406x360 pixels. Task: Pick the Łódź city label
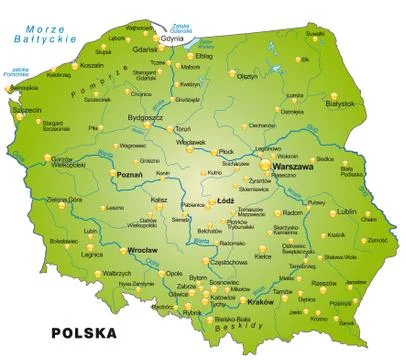coord(225,202)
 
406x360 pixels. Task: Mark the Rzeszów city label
coord(324,282)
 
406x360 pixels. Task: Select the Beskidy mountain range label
coord(246,326)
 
